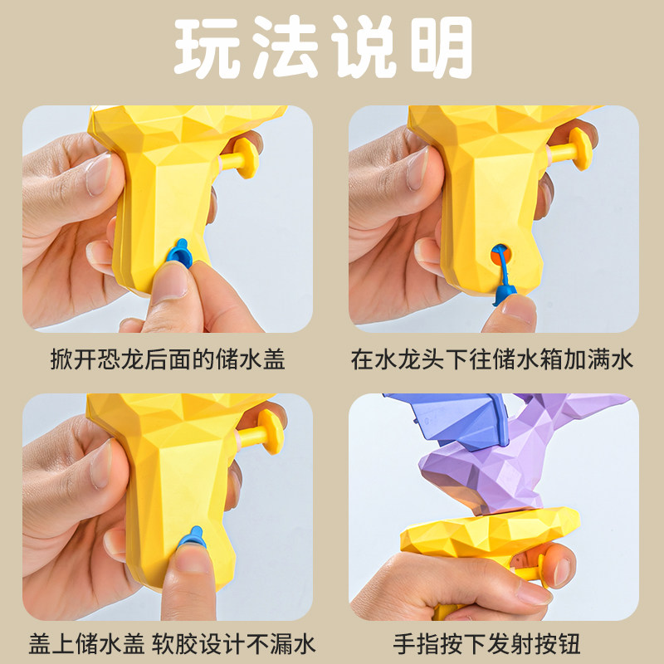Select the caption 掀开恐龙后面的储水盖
click(x=166, y=359)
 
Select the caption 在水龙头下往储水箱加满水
click(x=492, y=359)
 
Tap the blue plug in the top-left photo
click(x=178, y=250)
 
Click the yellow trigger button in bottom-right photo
click(x=540, y=571)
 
